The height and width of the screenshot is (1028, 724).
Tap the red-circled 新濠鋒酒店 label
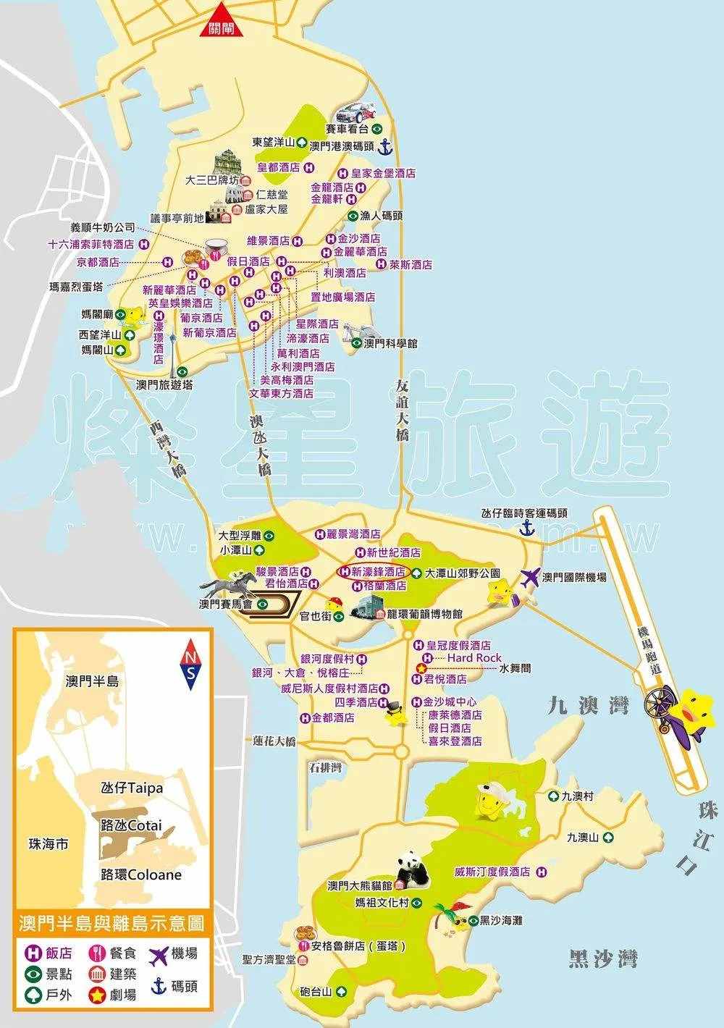(373, 572)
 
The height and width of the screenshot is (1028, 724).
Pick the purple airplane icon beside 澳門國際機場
(530, 578)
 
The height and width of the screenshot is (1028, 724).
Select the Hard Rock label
(474, 657)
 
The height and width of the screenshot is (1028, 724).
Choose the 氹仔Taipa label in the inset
(132, 788)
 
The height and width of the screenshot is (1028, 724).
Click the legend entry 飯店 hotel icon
(33, 953)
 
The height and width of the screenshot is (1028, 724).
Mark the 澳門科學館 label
(391, 344)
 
